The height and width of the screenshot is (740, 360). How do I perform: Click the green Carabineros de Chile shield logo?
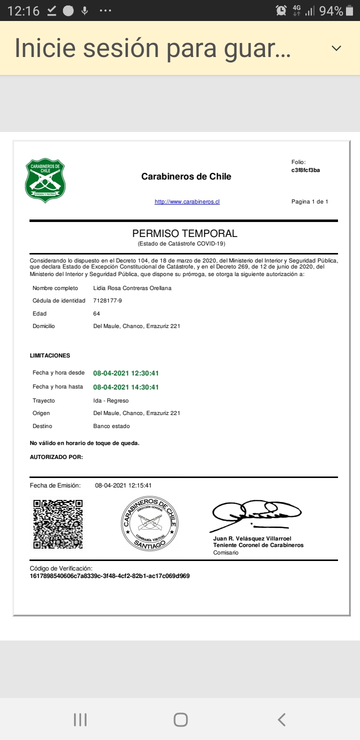pyautogui.click(x=45, y=180)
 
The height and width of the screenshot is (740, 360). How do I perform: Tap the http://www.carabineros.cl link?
pyautogui.click(x=187, y=202)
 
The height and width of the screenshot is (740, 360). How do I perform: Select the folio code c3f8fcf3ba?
pyautogui.click(x=305, y=170)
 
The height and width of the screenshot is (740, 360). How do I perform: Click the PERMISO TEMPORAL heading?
pyautogui.click(x=184, y=233)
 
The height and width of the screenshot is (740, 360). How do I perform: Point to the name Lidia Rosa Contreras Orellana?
pyautogui.click(x=132, y=288)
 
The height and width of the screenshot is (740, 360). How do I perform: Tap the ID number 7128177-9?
pyautogui.click(x=107, y=300)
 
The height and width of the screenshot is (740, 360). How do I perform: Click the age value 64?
pyautogui.click(x=96, y=313)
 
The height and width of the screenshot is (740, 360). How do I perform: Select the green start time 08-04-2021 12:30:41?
pyautogui.click(x=126, y=373)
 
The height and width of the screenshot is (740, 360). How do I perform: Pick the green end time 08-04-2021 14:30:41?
pyautogui.click(x=126, y=387)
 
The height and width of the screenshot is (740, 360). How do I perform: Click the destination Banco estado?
pyautogui.click(x=111, y=426)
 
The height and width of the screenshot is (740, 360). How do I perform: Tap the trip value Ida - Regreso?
pyautogui.click(x=111, y=400)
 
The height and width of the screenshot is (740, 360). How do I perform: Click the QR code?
pyautogui.click(x=57, y=524)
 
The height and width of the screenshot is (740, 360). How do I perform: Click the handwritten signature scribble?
pyautogui.click(x=256, y=514)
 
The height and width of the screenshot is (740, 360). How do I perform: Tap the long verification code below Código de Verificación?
pyautogui.click(x=109, y=576)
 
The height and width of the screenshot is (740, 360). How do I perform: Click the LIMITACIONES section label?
pyautogui.click(x=50, y=356)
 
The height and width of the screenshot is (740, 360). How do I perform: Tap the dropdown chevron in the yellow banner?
pyautogui.click(x=336, y=48)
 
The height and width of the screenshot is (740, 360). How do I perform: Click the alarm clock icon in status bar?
pyautogui.click(x=281, y=10)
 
